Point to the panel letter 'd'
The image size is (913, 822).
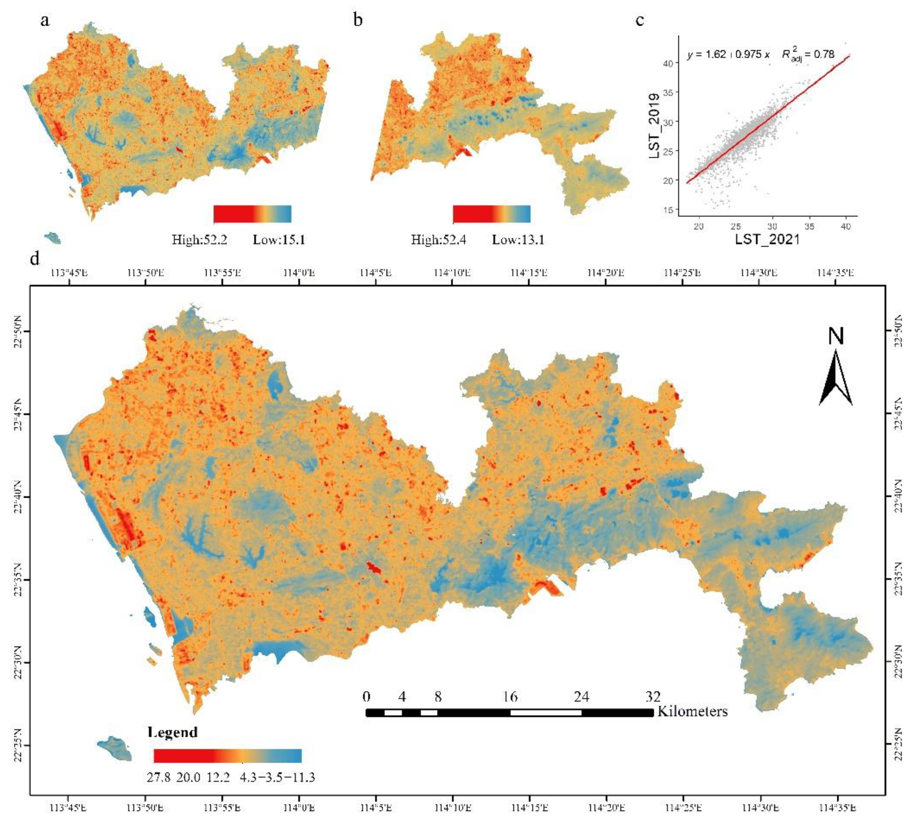35,259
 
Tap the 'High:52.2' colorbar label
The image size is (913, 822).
199,239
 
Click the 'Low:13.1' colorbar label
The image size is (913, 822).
518,239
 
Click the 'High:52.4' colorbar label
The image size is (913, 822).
438,239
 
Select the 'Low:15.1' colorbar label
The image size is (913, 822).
279,239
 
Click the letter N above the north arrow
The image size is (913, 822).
836,336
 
